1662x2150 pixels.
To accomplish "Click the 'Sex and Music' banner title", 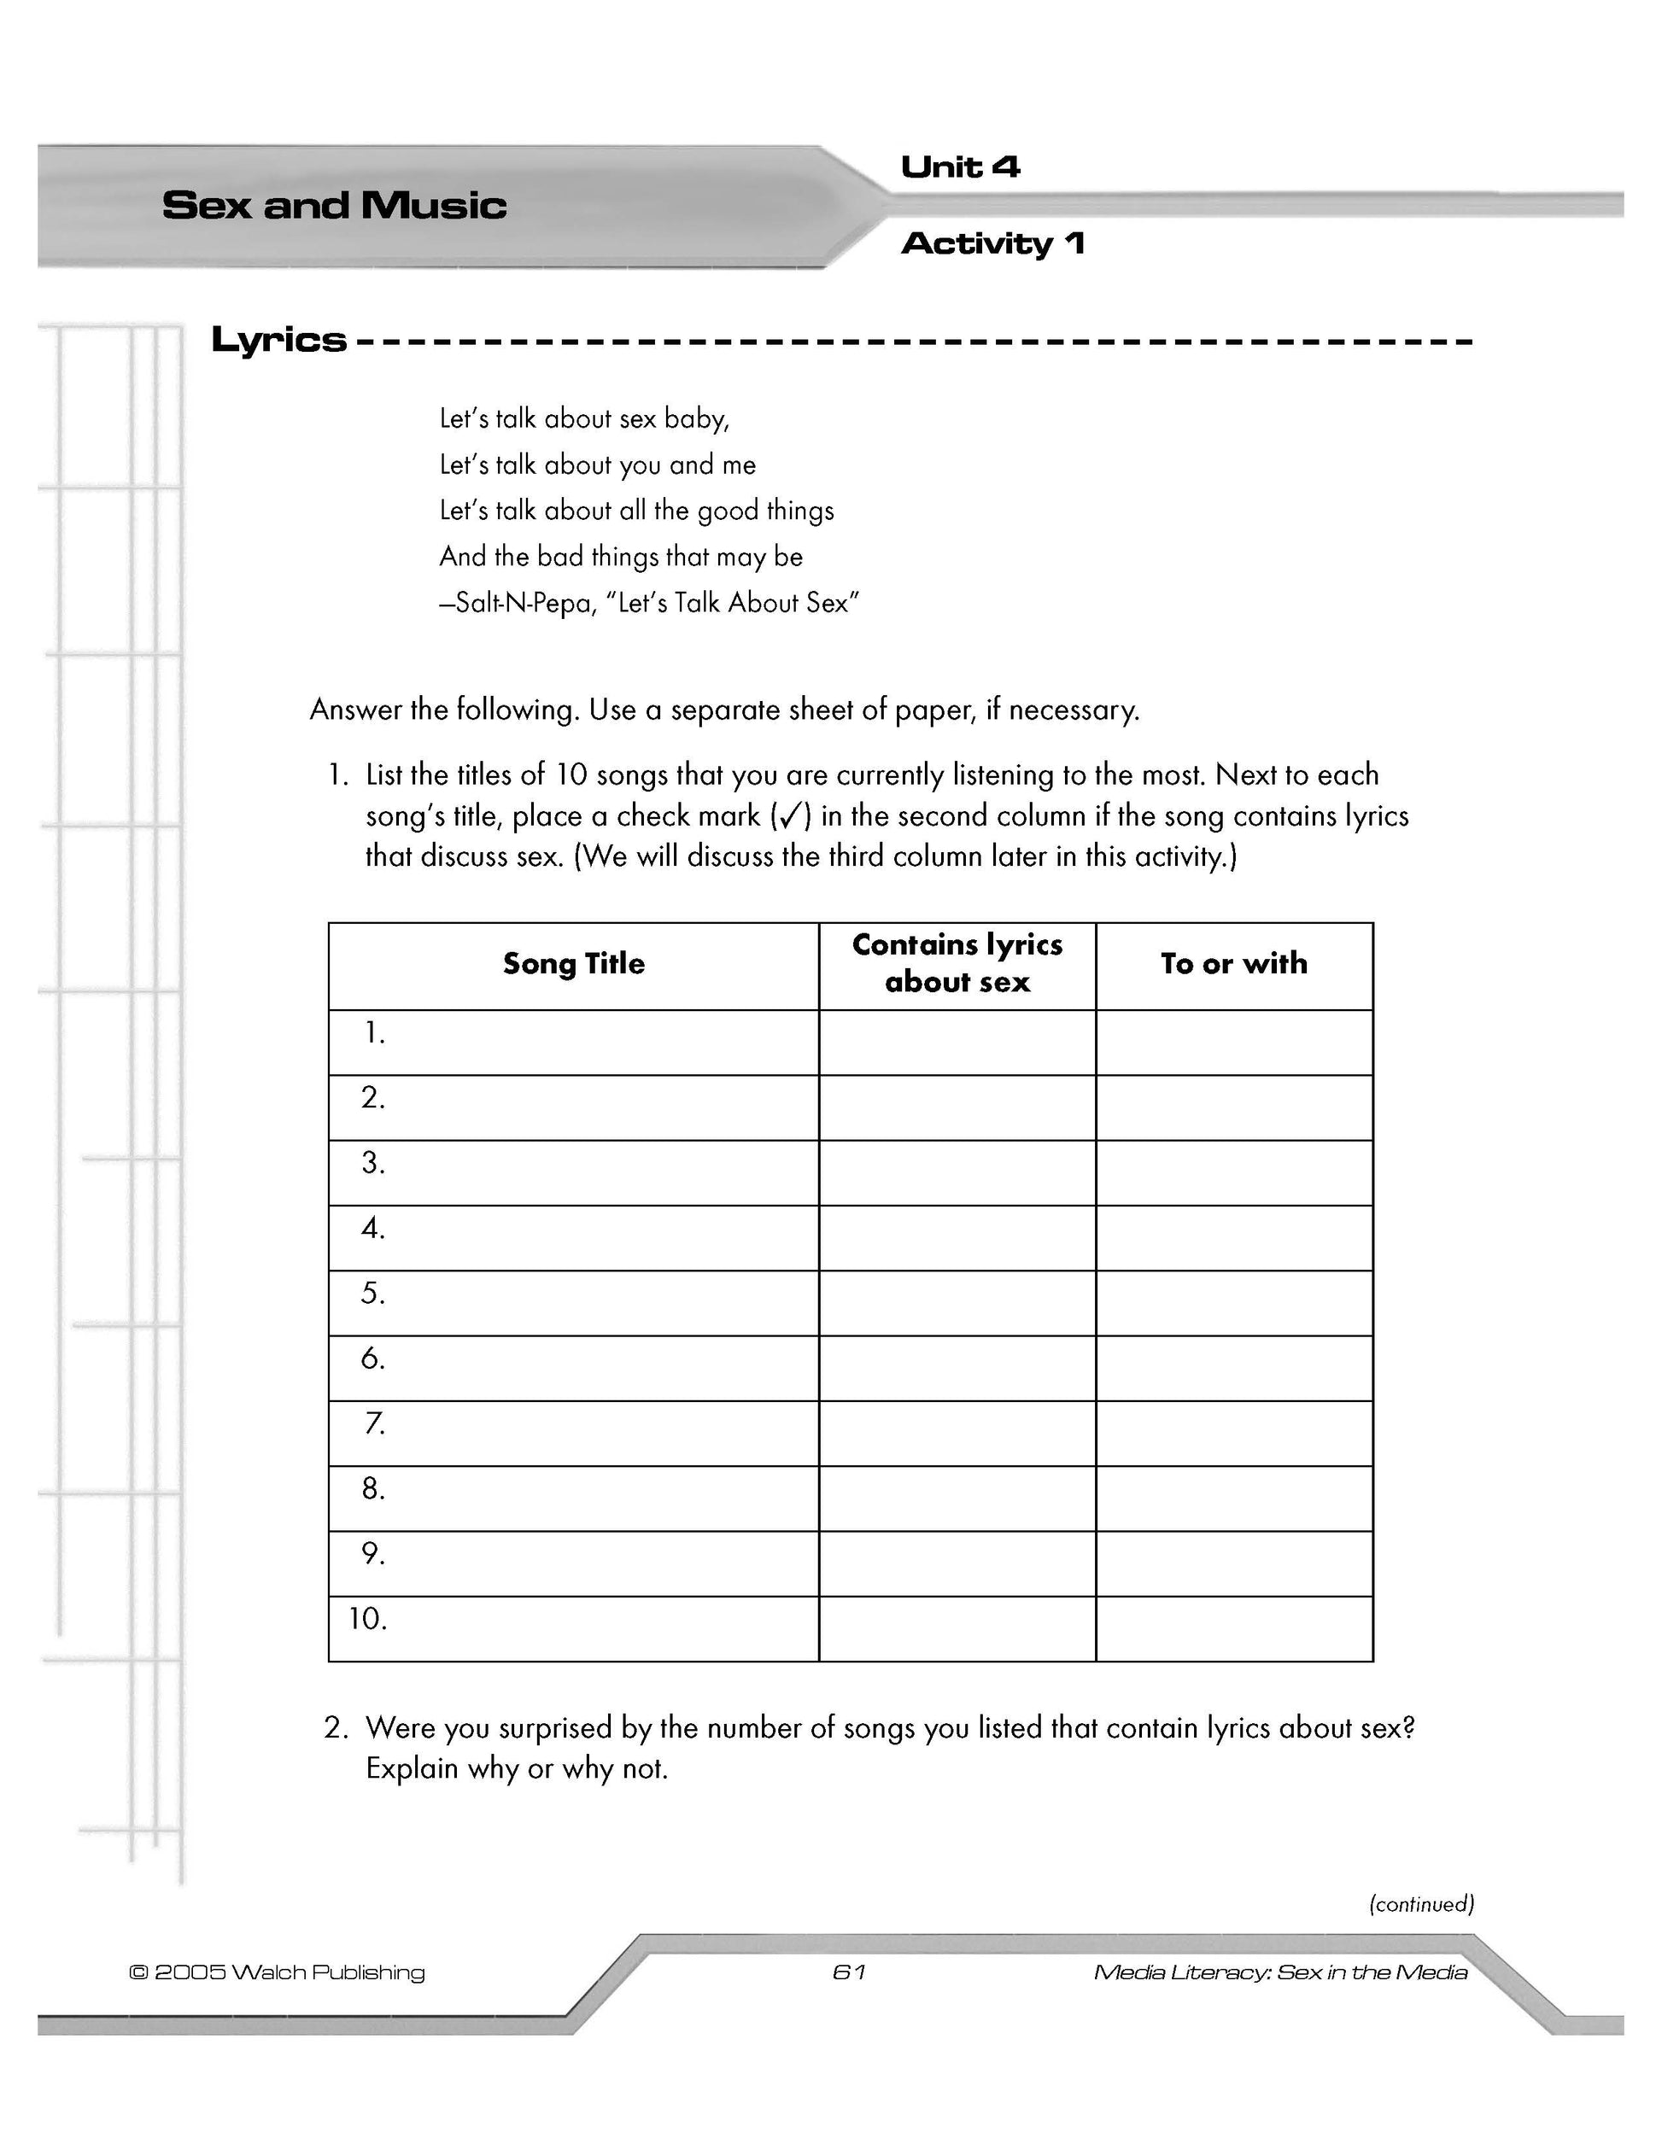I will click(x=334, y=206).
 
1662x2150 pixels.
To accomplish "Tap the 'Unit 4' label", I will click(x=960, y=167).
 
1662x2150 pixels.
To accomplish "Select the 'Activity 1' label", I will click(x=992, y=243).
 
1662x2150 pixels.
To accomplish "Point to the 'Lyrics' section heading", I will click(x=278, y=341).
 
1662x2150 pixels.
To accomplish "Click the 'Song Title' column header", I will click(x=573, y=964).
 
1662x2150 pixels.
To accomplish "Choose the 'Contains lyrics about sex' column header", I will click(x=957, y=964).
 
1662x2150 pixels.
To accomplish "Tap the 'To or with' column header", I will click(x=1234, y=964).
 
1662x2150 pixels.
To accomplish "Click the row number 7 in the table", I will click(x=374, y=1423).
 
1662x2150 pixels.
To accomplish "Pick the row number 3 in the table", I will click(x=372, y=1164).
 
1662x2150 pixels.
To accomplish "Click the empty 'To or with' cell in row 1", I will click(x=1234, y=1043).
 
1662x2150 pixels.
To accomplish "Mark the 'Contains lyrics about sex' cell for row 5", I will click(x=957, y=1303).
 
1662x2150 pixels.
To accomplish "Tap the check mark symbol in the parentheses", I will click(x=787, y=816).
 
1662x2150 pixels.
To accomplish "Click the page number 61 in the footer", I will click(x=849, y=1972).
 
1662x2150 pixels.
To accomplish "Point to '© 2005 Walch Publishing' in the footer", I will click(x=277, y=1972).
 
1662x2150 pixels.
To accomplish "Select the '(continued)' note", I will click(x=1421, y=1904).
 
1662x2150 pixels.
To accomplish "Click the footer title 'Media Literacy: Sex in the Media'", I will click(x=1280, y=1972).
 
